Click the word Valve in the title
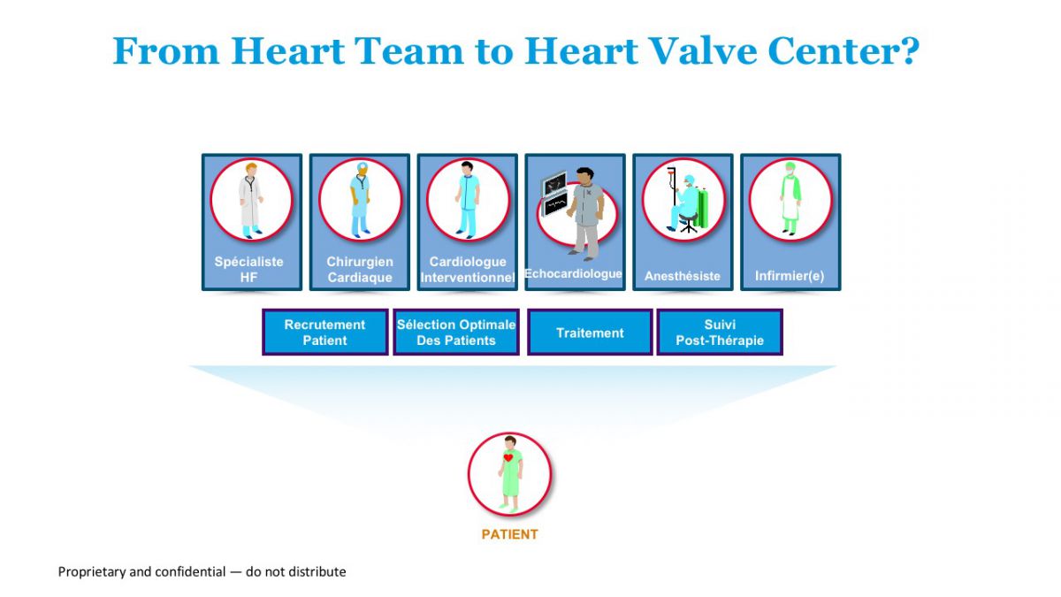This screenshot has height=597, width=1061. [x=703, y=50]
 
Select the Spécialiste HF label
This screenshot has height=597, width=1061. [x=248, y=269]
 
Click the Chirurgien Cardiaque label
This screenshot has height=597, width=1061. [x=360, y=269]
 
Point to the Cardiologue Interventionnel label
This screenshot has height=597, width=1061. [x=468, y=269]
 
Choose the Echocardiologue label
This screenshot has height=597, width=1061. [x=573, y=273]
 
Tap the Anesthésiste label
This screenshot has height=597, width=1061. [x=682, y=276]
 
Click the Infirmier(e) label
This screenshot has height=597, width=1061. [x=790, y=276]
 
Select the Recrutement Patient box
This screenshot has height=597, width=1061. [x=325, y=333]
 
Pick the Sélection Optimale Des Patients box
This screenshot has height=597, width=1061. [x=456, y=333]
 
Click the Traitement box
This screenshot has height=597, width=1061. [x=590, y=333]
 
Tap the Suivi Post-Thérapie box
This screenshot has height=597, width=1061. [x=720, y=333]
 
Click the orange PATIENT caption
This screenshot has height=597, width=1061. [x=509, y=534]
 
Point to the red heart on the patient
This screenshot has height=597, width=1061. [x=508, y=458]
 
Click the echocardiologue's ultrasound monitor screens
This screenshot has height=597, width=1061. [x=554, y=193]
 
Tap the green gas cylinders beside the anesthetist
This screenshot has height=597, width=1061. [x=702, y=208]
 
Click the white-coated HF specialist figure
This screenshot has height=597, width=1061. [x=250, y=201]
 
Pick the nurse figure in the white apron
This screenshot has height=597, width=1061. [x=790, y=198]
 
